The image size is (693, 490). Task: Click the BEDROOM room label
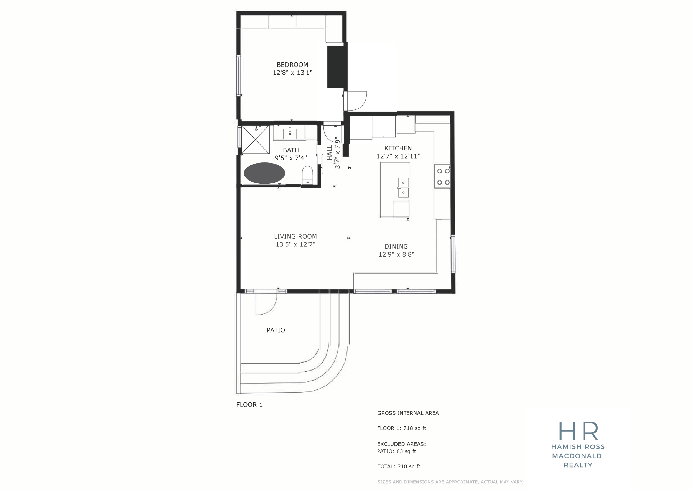pos(292,65)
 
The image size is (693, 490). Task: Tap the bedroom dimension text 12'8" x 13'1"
pos(292,72)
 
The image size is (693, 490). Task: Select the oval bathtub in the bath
pos(264,173)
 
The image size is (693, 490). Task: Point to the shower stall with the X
pos(255,139)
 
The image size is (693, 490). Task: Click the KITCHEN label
pos(398,148)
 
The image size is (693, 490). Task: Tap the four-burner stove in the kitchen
pos(442,177)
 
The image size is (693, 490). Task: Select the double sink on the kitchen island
pos(403,187)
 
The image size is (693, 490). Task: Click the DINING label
pos(396,246)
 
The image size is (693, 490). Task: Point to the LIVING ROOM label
pos(295,237)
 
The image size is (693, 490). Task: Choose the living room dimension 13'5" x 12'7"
pos(295,244)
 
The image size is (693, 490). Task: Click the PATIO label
pos(276,330)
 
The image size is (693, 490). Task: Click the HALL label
pos(330,153)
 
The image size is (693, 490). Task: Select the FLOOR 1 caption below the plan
pos(249,405)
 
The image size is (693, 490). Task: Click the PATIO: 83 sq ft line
pos(397,451)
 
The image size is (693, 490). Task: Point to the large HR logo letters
pos(578,431)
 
